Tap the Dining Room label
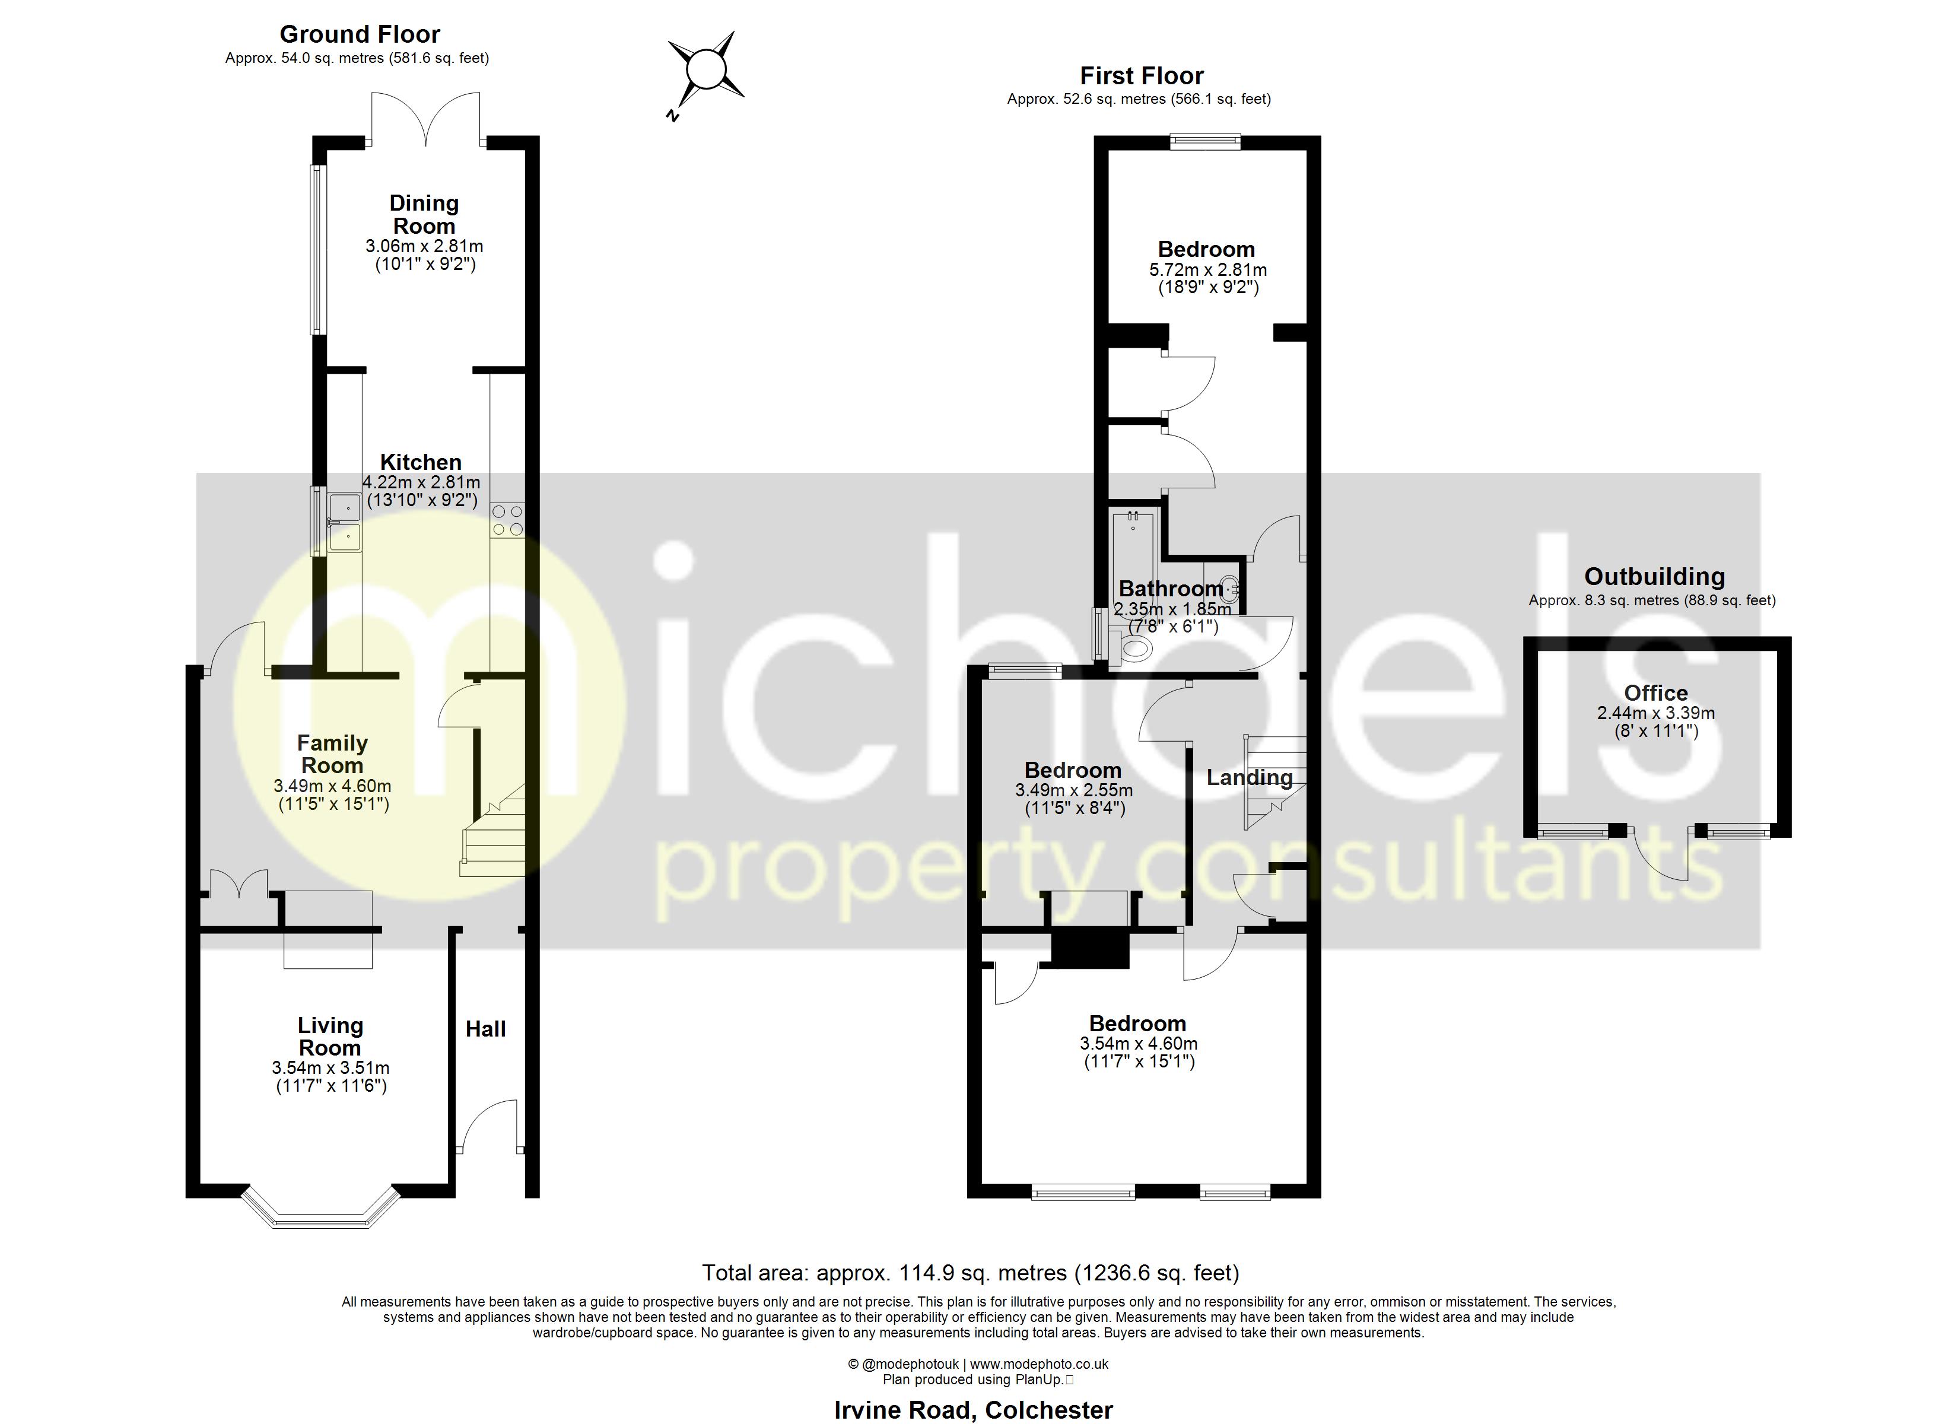(x=423, y=214)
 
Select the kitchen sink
(x=344, y=523)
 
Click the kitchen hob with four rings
(x=507, y=521)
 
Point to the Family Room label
(x=332, y=754)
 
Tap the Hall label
(x=485, y=1028)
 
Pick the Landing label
(x=1248, y=777)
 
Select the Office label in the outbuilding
(x=1655, y=692)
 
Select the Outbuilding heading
(x=1654, y=576)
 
